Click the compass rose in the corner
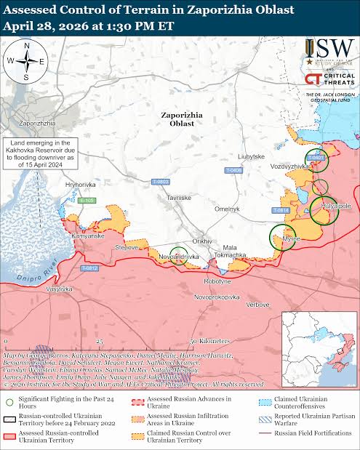(26, 61)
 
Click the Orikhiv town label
(201, 241)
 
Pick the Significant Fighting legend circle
(9, 399)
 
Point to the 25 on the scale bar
(100, 341)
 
